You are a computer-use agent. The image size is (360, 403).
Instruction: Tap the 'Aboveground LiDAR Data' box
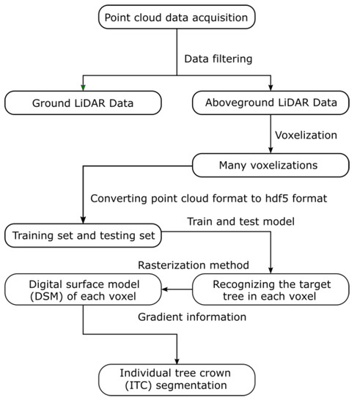tap(271, 103)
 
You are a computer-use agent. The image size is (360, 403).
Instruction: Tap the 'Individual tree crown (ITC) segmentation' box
tap(177, 379)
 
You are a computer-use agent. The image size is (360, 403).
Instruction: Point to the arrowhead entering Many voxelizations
tap(271, 149)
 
